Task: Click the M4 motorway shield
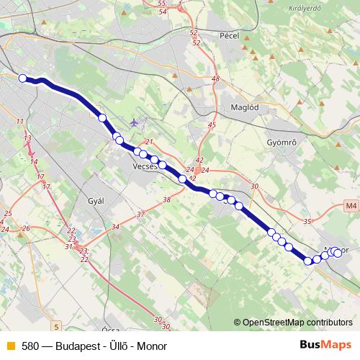pos(351,207)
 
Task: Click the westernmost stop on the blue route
pos(22,78)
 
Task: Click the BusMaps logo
pos(326,345)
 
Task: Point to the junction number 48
pos(215,78)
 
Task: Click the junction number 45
pos(211,125)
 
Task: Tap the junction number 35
pos(309,221)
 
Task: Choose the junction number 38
pos(166,200)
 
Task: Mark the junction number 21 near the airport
pos(150,142)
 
